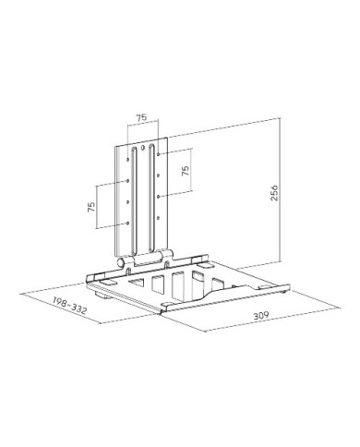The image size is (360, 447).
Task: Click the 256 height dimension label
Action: [x=274, y=193]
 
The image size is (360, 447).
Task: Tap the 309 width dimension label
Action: [x=261, y=315]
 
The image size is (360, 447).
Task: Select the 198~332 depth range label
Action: [x=69, y=306]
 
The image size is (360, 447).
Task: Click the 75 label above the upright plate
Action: [x=142, y=117]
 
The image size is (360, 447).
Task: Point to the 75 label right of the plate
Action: [x=186, y=171]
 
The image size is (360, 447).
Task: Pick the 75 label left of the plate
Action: [x=91, y=207]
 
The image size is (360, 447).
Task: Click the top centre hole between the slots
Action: [x=142, y=147]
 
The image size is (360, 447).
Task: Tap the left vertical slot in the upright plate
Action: [x=135, y=201]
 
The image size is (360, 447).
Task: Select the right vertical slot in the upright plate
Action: [x=151, y=198]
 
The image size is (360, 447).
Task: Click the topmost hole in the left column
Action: [x=127, y=160]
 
